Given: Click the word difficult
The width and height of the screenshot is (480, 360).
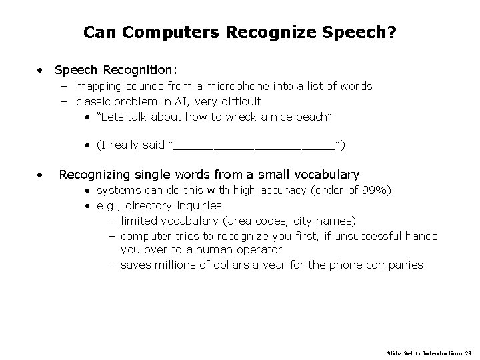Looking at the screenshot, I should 237,101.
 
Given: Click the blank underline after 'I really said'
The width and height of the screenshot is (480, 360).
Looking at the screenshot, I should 254,145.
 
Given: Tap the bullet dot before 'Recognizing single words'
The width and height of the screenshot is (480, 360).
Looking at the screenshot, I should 41,175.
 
